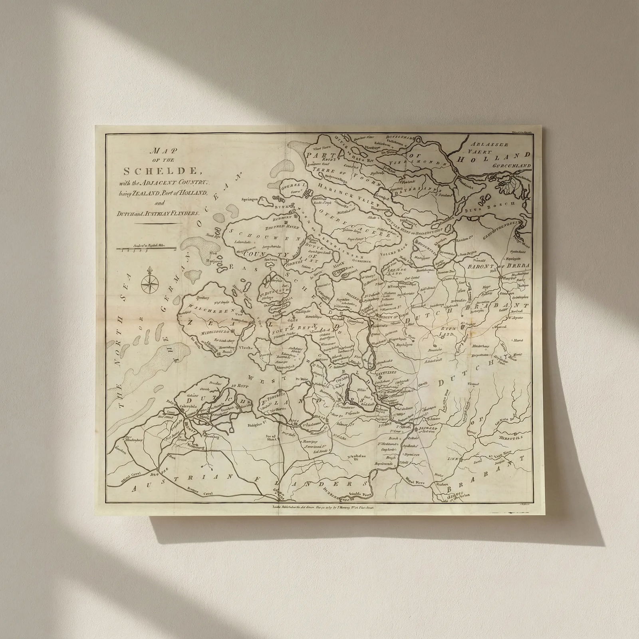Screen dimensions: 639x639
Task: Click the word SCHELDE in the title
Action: coord(161,171)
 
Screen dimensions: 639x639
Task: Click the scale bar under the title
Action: coord(147,249)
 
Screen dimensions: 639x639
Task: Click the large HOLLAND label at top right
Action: coord(494,158)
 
